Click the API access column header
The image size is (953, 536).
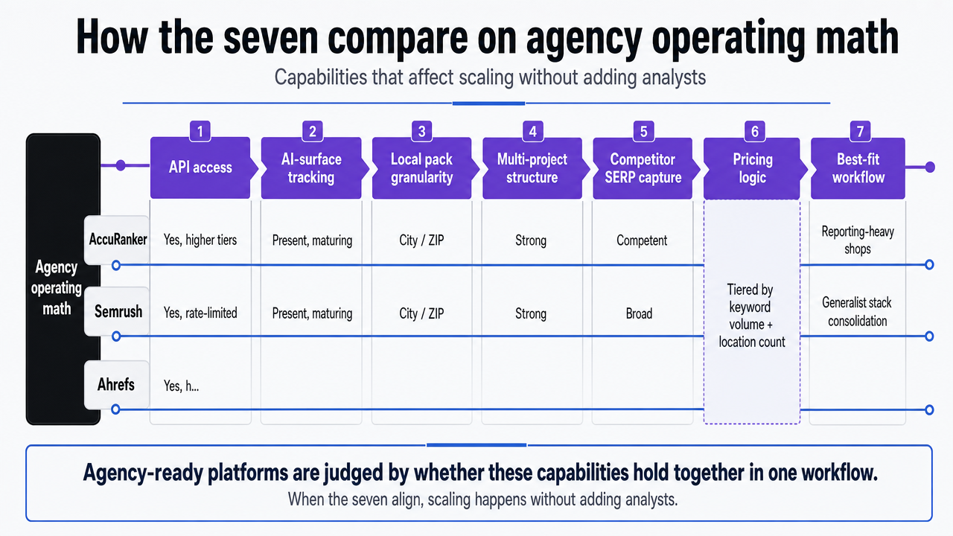(x=200, y=167)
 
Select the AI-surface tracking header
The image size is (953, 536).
(x=311, y=167)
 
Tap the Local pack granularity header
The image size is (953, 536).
(x=421, y=167)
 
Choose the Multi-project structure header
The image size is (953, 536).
(x=532, y=167)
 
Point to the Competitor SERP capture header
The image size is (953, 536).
(x=643, y=167)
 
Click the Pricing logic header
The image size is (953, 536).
(x=752, y=167)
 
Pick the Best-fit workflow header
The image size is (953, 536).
(x=858, y=167)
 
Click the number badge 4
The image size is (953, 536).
(x=532, y=132)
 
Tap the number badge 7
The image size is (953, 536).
(x=860, y=132)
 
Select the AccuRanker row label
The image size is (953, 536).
(x=118, y=240)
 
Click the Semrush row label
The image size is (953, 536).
(x=118, y=311)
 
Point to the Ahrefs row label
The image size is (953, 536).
(x=116, y=385)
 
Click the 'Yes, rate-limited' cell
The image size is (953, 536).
(x=200, y=313)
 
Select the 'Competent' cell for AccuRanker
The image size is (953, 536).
(x=642, y=240)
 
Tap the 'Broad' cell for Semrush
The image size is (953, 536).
(x=639, y=313)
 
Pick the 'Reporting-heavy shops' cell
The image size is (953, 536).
(x=858, y=240)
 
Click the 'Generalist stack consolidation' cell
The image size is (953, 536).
(x=857, y=312)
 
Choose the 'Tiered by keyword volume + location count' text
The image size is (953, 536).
(x=751, y=316)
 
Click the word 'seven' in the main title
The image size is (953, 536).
(x=270, y=37)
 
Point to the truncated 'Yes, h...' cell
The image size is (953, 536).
(x=181, y=386)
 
